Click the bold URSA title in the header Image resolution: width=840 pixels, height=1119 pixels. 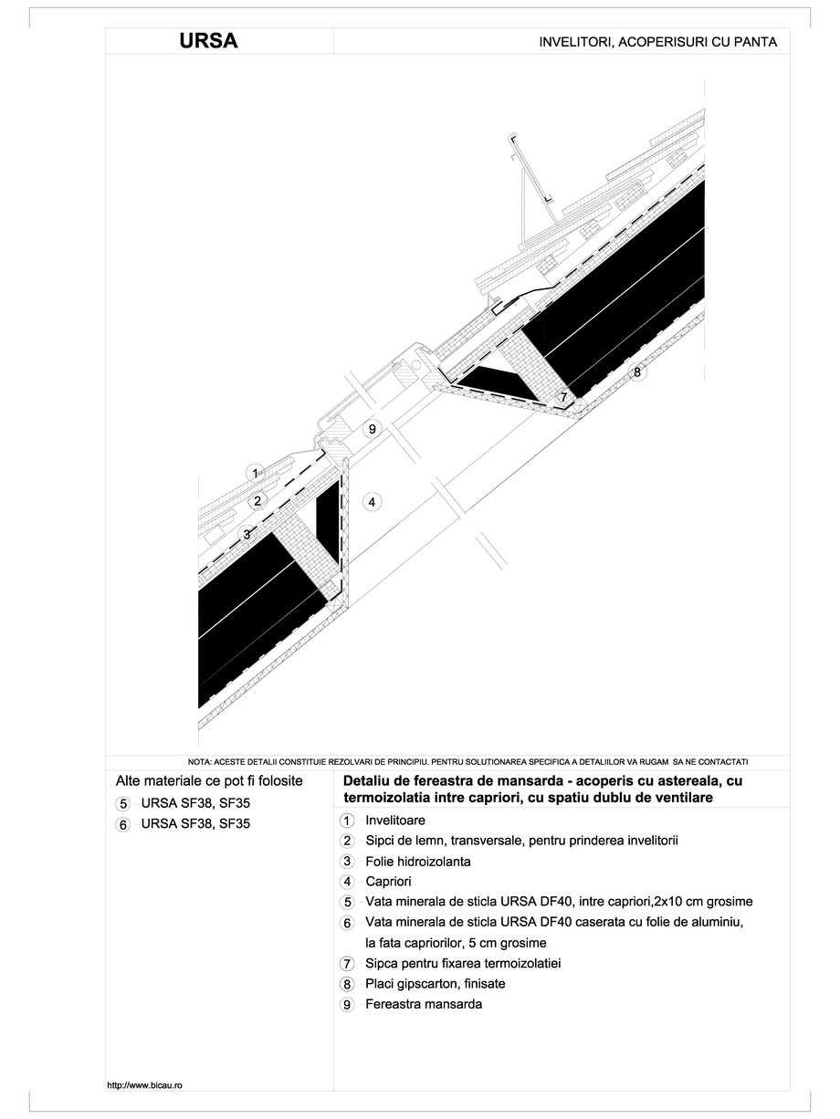209,42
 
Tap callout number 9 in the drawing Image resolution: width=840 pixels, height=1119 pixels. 370,429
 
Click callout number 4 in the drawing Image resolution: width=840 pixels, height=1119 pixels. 370,500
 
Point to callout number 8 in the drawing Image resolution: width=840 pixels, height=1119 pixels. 637,372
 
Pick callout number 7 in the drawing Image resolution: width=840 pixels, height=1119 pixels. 563,398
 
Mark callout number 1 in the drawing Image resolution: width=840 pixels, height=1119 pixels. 257,473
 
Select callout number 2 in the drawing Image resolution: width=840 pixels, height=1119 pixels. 258,500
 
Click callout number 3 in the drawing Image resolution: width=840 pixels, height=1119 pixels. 246,534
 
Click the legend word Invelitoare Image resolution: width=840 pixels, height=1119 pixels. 394,821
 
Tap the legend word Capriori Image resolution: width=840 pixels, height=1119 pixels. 388,882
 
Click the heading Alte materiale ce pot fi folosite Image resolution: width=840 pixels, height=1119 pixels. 209,782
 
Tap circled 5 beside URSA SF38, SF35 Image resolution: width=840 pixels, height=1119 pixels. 123,804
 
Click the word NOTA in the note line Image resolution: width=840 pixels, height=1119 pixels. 198,761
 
